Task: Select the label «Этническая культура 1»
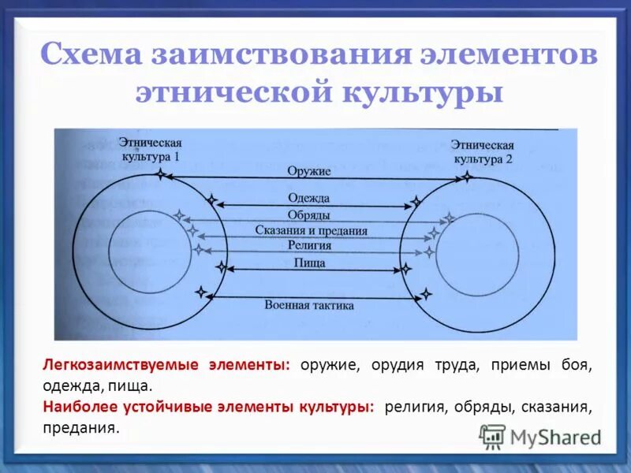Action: (150, 150)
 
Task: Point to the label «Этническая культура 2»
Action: (483, 152)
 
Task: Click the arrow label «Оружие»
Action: (309, 170)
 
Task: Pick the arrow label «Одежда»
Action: (309, 198)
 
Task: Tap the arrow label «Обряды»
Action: (309, 214)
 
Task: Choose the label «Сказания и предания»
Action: (312, 230)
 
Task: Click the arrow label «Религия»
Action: (309, 246)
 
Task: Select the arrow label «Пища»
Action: (309, 263)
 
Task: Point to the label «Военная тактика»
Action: (309, 304)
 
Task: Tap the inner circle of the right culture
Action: (473, 251)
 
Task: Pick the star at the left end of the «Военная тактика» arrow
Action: (202, 293)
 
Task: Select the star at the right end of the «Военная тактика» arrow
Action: (427, 295)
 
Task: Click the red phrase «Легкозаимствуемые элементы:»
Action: (166, 366)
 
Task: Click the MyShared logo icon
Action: (492, 435)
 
